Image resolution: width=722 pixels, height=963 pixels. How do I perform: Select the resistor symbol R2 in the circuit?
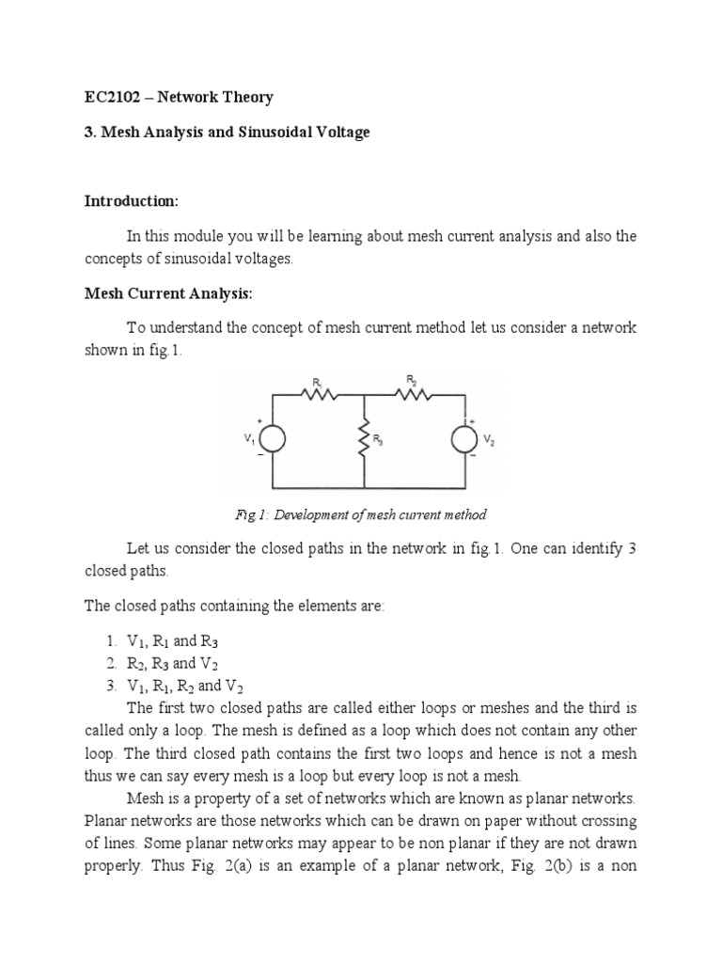[x=413, y=395]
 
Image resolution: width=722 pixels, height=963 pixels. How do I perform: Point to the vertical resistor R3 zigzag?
[x=364, y=439]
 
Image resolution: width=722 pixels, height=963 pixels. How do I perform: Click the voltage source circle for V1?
[x=273, y=438]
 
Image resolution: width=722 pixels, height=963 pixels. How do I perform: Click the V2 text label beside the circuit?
[x=490, y=439]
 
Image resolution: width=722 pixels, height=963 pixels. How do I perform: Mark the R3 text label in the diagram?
[x=378, y=440]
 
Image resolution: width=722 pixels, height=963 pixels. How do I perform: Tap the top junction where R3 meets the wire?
[x=364, y=395]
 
